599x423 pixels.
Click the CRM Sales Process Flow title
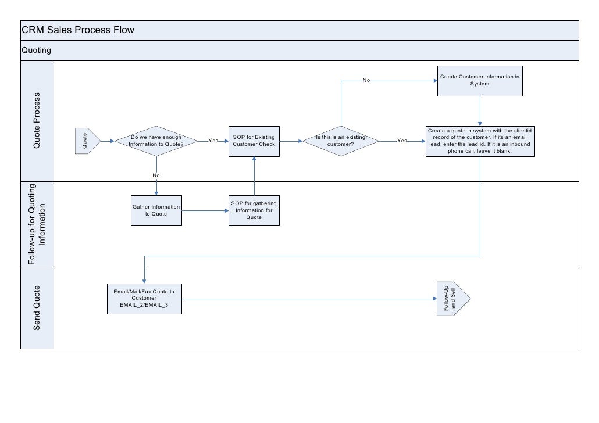pyautogui.click(x=78, y=30)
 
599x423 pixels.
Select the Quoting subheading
pyautogui.click(x=36, y=51)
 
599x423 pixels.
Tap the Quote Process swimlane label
pyautogui.click(x=37, y=120)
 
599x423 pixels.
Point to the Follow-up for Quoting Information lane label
pyautogui.click(x=37, y=224)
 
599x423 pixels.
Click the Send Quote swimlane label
pyautogui.click(x=37, y=309)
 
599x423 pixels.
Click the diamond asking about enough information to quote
pyautogui.click(x=156, y=141)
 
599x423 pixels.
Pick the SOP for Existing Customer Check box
pyautogui.click(x=254, y=141)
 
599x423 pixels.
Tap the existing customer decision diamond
pyautogui.click(x=341, y=141)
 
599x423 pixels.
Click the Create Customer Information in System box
pyautogui.click(x=480, y=80)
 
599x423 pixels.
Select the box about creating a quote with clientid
pyautogui.click(x=480, y=141)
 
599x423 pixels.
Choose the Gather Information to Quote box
pyautogui.click(x=156, y=210)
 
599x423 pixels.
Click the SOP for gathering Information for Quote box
pyautogui.click(x=254, y=210)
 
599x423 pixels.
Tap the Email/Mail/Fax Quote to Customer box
pyautogui.click(x=144, y=299)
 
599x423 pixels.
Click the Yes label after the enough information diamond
pyautogui.click(x=213, y=141)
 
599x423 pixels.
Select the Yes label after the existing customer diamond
pyautogui.click(x=402, y=141)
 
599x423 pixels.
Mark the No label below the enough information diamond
pyautogui.click(x=156, y=175)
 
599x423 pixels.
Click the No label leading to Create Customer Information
pyautogui.click(x=366, y=80)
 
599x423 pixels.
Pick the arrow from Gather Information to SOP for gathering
pyautogui.click(x=205, y=210)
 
